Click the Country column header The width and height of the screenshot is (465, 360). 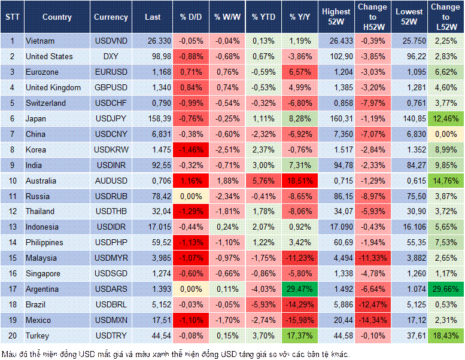(x=57, y=17)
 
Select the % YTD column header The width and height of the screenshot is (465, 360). (x=263, y=17)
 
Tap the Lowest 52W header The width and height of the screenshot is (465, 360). (x=410, y=17)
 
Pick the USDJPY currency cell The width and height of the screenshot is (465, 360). (x=111, y=118)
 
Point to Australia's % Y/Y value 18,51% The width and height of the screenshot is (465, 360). (x=300, y=181)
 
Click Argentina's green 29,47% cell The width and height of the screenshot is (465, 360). (x=300, y=289)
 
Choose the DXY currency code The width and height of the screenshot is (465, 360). (x=111, y=56)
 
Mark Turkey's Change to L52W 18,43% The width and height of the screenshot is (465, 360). (x=446, y=335)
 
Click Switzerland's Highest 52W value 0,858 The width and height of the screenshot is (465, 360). (x=336, y=103)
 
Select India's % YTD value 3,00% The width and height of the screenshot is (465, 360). (x=263, y=165)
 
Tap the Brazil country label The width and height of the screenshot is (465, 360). (x=38, y=304)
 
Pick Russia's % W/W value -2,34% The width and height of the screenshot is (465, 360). (x=227, y=196)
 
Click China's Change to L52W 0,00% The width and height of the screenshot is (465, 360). (x=446, y=134)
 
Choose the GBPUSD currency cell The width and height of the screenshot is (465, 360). (x=111, y=87)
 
